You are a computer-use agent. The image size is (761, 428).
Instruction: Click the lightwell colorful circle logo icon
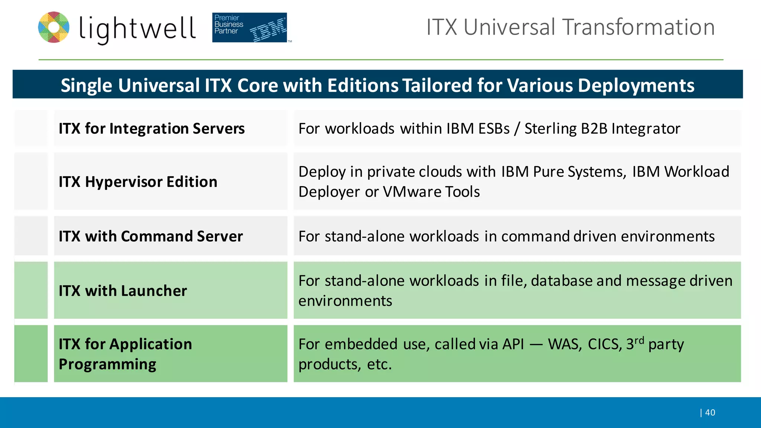coord(54,27)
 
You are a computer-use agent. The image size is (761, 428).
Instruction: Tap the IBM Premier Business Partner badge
coord(249,27)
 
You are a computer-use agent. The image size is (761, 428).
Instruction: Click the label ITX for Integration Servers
coord(152,129)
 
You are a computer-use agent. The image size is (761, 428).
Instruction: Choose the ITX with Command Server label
coord(150,236)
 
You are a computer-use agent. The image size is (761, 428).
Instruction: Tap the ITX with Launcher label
coord(123,291)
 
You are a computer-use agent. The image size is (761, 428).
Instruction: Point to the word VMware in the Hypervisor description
coord(412,192)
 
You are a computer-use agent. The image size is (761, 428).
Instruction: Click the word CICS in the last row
coord(605,344)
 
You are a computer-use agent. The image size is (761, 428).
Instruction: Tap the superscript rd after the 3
coord(639,340)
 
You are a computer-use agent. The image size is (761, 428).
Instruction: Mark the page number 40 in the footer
coord(710,412)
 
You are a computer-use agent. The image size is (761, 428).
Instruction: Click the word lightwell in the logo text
coord(137,28)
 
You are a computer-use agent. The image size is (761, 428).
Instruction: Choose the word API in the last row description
coord(513,344)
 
